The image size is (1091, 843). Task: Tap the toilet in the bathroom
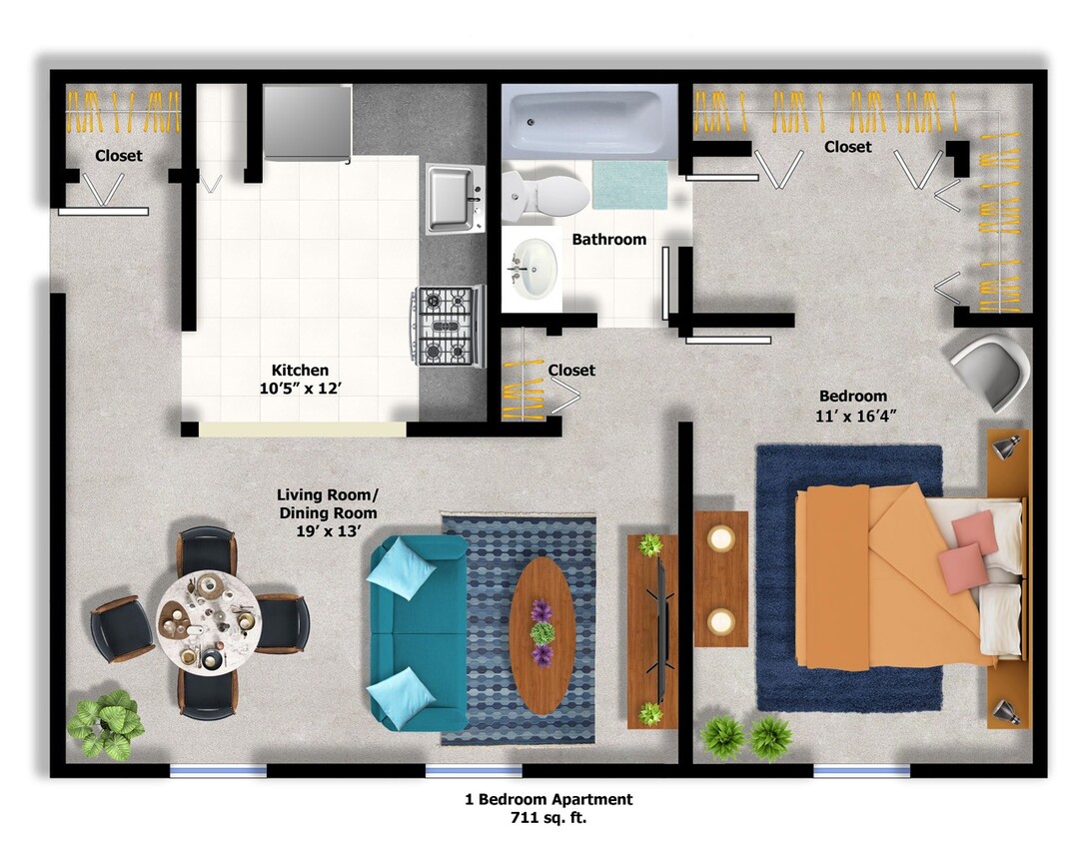(545, 194)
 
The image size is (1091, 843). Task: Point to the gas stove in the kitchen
(448, 325)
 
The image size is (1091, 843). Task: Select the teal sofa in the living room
(418, 631)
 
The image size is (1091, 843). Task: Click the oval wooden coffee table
(543, 634)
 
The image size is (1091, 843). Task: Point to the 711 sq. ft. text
(548, 818)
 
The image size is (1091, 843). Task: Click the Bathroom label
(608, 240)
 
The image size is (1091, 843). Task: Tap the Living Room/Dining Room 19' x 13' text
(327, 512)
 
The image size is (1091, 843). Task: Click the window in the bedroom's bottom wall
(861, 770)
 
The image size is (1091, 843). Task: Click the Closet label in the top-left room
(119, 156)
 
